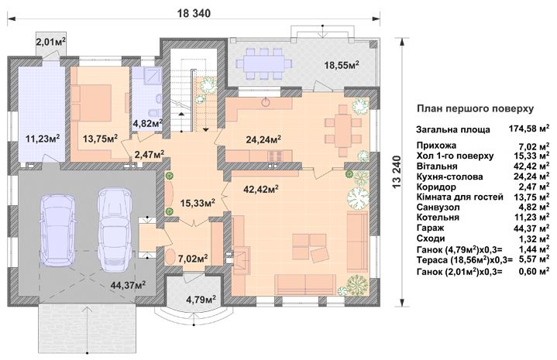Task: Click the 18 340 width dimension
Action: (194, 13)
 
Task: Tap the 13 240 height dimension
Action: (397, 172)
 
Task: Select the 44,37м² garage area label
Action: (128, 285)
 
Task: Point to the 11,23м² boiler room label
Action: (43, 138)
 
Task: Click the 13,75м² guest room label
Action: (101, 139)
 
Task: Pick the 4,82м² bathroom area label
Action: (148, 123)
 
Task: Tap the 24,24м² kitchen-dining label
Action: (264, 140)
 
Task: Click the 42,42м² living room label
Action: (261, 189)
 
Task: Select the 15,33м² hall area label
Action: (198, 203)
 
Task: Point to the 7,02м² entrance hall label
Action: (193, 258)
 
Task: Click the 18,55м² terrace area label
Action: (342, 65)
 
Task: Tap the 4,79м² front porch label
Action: (201, 300)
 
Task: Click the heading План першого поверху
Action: (475, 108)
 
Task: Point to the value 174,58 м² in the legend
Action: (529, 129)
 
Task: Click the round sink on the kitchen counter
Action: (266, 103)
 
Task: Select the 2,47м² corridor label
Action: (150, 154)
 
